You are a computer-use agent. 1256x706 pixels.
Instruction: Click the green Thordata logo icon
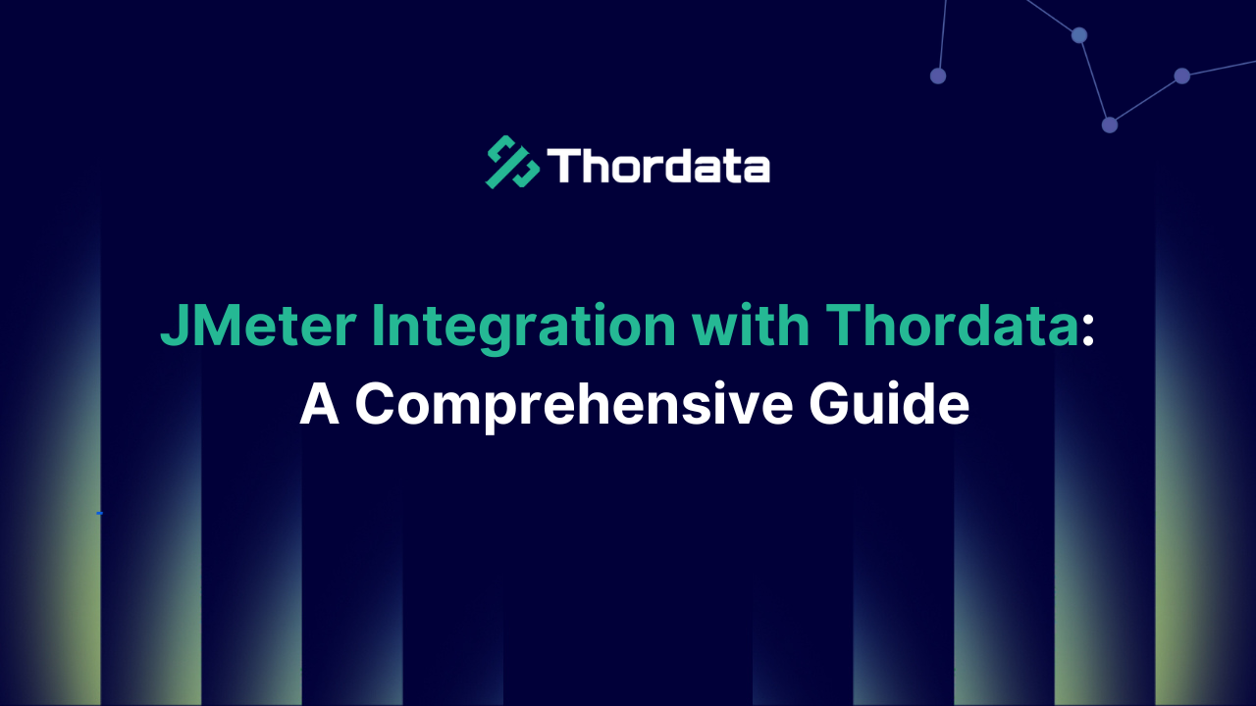(x=512, y=162)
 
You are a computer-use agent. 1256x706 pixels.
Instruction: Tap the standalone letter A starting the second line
(x=319, y=403)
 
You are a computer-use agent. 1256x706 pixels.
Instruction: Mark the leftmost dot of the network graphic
(x=938, y=76)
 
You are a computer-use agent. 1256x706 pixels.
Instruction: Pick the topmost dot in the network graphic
(x=1079, y=35)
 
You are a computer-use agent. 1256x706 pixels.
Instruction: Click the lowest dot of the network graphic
(x=1110, y=125)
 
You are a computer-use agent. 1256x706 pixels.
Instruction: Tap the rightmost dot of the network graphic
(x=1182, y=76)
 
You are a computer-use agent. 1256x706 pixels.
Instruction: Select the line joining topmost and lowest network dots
(x=1094, y=80)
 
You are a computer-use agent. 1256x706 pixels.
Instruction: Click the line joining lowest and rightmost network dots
(x=1146, y=100)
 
